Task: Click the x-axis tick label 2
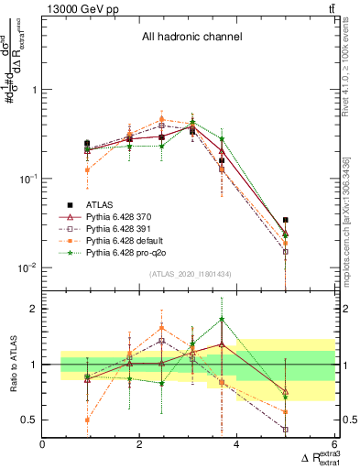[139, 444]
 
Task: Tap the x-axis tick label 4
[236, 444]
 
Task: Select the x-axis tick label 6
[333, 444]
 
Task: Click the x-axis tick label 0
[42, 444]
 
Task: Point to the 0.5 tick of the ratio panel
[29, 420]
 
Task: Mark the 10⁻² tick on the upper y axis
[26, 267]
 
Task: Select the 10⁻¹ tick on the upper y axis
[26, 179]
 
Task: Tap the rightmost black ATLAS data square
[286, 220]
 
